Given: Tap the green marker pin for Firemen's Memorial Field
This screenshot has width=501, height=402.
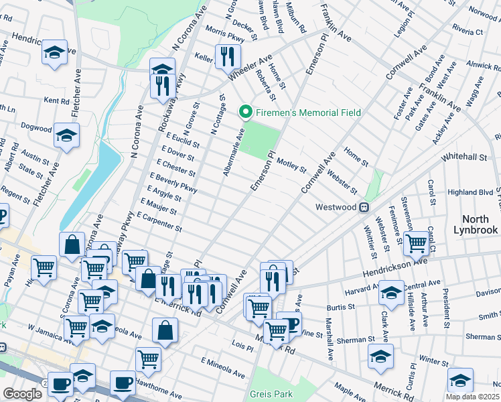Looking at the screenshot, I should coord(246,113).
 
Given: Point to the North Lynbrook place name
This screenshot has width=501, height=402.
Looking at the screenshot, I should coord(480,224).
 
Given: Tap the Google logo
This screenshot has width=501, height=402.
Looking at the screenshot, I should coord(22,393).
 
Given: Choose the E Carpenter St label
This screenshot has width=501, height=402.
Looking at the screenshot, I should coord(159,222).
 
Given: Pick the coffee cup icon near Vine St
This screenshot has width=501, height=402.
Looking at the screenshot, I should coord(289,323).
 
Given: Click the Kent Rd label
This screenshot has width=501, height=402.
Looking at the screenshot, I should coord(56,100).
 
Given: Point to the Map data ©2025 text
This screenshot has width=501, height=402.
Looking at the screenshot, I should coord(473,396).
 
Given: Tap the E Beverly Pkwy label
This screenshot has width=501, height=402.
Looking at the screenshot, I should coord(173,183).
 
